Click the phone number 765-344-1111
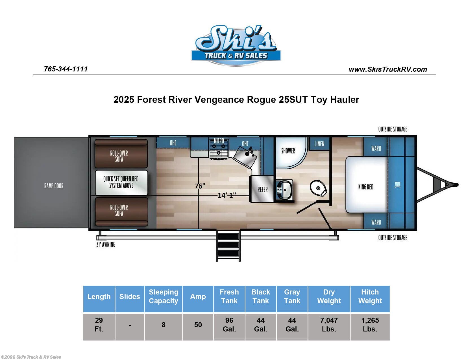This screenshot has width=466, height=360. (66, 69)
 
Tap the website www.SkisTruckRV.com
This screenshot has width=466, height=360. (388, 69)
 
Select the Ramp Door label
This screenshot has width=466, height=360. (54, 186)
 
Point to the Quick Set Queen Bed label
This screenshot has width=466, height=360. (121, 182)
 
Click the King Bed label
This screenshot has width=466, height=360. (366, 187)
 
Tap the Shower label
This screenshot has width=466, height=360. (288, 151)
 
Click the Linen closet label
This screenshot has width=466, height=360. (319, 144)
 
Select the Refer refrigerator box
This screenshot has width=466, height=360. (262, 189)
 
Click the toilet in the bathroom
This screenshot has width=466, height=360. (318, 188)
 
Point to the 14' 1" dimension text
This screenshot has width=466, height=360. (227, 195)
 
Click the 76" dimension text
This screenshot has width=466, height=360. (200, 186)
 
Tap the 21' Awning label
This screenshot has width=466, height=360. (106, 245)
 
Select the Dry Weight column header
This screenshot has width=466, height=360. (329, 296)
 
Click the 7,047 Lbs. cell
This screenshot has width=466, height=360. (329, 325)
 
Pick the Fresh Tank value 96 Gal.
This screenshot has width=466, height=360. (229, 325)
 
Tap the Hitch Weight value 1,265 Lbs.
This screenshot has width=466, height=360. (370, 325)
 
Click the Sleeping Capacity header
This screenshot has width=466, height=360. (163, 296)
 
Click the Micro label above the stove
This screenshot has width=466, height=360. (219, 141)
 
